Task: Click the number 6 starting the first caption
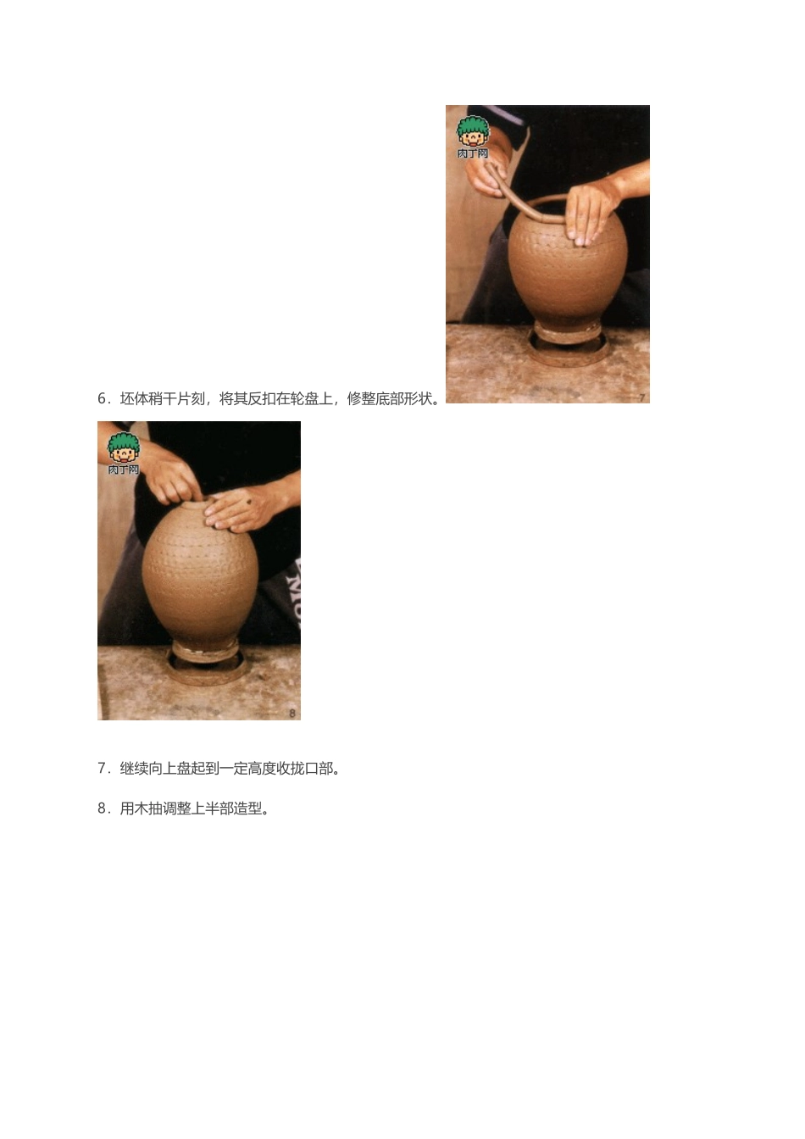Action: click(x=103, y=399)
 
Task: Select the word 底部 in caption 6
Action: click(x=391, y=399)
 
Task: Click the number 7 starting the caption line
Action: click(x=103, y=770)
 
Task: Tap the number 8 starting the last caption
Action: click(x=103, y=809)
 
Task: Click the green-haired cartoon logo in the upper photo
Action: click(x=473, y=136)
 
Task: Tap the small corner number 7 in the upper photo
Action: click(x=641, y=397)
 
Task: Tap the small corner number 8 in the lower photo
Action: click(x=292, y=714)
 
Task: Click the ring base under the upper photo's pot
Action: click(x=567, y=343)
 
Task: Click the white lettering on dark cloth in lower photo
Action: click(x=296, y=593)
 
